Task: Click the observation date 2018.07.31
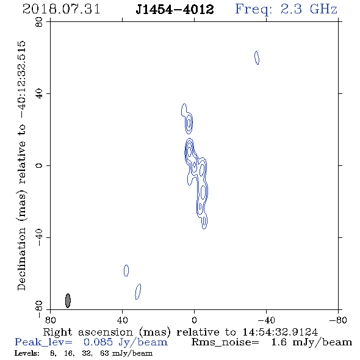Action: (61, 9)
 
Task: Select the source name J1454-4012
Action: (175, 9)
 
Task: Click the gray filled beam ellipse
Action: (68, 301)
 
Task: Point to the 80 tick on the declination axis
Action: (39, 22)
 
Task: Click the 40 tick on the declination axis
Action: (39, 94)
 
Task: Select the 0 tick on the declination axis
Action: (39, 165)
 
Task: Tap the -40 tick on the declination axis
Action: (39, 237)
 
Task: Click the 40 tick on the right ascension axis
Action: (122, 320)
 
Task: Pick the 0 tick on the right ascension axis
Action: (194, 320)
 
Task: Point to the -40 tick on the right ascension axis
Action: (266, 320)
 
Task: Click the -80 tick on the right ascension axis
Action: (338, 320)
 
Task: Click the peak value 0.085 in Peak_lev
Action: (98, 342)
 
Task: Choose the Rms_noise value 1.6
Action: (279, 342)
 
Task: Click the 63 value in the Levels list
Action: (104, 353)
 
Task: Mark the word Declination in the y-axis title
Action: (21, 259)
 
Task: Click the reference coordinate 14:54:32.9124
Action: (280, 332)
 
